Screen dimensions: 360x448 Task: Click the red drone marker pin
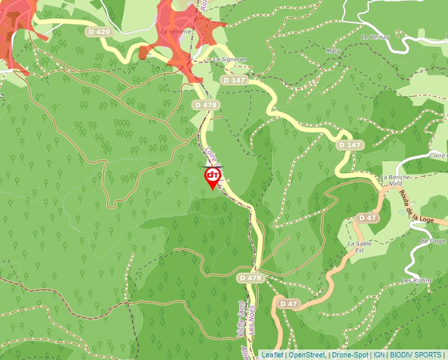coord(213,176)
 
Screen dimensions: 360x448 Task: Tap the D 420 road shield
coord(99,32)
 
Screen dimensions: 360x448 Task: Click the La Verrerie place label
coord(176,31)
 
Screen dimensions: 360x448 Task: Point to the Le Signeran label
coord(229,59)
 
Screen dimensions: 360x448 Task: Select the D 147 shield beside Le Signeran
coord(234,80)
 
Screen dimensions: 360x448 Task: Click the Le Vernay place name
coord(376,36)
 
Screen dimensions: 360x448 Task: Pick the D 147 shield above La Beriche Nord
coord(350,145)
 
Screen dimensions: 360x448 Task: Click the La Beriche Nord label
coord(391,180)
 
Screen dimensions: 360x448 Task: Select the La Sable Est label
coord(356,247)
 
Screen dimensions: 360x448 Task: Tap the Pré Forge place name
coord(432,241)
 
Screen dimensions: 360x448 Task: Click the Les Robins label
coord(417,280)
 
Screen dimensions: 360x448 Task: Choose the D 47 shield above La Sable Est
coord(368,218)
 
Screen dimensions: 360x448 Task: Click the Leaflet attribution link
coord(273,355)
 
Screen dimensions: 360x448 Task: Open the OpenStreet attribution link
coord(306,355)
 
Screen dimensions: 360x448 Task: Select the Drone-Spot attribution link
coord(349,355)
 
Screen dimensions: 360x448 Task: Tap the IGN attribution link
coord(379,355)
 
